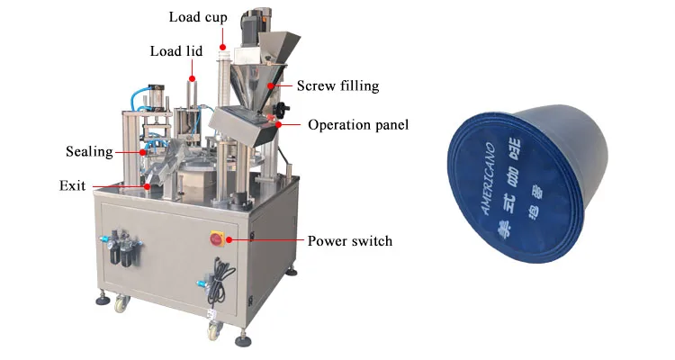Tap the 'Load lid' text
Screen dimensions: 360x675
pos(175,50)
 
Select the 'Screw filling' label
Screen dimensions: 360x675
pos(337,86)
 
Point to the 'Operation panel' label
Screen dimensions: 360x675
pos(358,125)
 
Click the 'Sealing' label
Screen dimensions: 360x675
pos(88,151)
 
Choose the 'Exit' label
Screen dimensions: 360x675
pos(72,186)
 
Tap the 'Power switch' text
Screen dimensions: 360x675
pos(349,241)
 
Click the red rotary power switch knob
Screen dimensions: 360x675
pos(218,238)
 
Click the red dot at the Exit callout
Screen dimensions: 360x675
pos(147,186)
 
